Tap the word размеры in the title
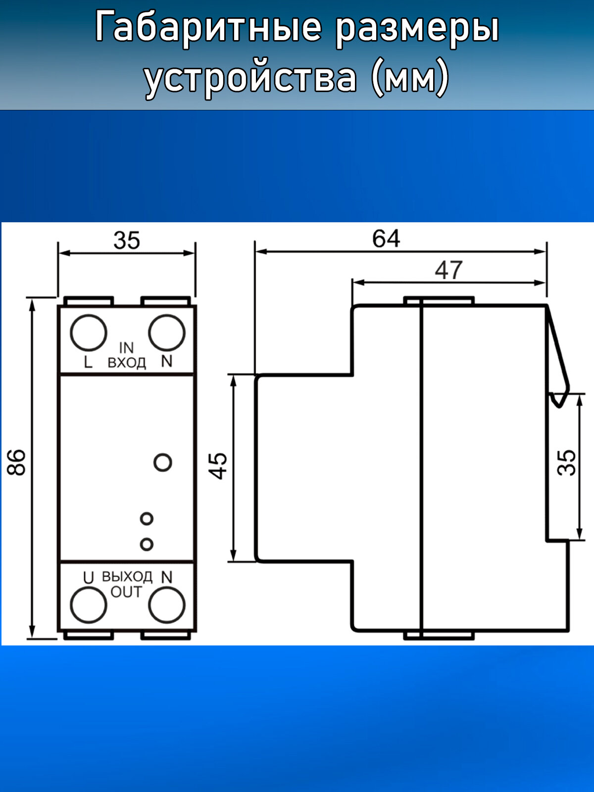pos(417,28)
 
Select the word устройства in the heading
pos(250,78)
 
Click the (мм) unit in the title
pos(410,78)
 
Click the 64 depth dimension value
pos(386,239)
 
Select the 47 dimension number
pos(448,270)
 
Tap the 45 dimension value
pos(218,466)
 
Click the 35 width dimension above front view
pos(127,241)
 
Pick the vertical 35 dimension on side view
pos(567,463)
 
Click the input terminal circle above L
pos(89,333)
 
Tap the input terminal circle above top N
pos(167,333)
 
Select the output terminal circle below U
pos(89,605)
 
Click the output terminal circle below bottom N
pos(167,605)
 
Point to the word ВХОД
pos(127,363)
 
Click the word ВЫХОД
pos(127,577)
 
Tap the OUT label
pos(126,592)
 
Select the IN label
pos(126,348)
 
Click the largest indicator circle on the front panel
pos(163,462)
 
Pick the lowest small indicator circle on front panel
pos(147,544)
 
